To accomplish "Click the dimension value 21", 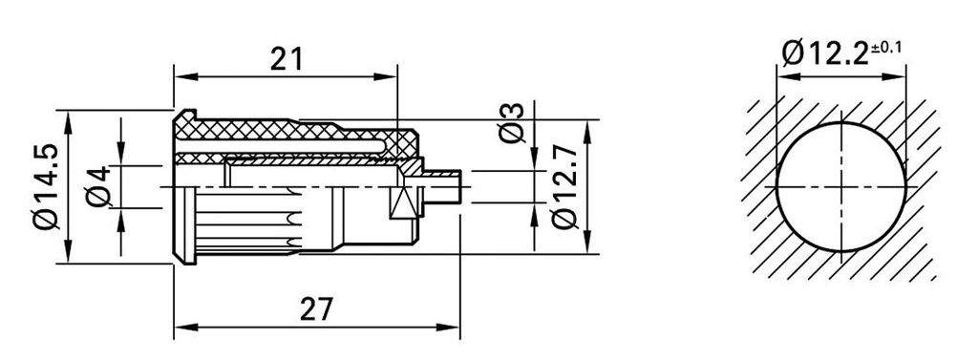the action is click(287, 59).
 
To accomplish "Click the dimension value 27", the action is click(317, 308).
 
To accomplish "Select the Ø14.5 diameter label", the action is click(46, 186).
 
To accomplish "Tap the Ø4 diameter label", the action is click(98, 186).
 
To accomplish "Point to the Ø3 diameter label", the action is click(513, 123).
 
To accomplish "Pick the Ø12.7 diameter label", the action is click(565, 186).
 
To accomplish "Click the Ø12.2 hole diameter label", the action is click(824, 54).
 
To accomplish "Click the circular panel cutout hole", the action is click(841, 186).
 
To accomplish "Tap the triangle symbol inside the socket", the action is click(402, 202).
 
